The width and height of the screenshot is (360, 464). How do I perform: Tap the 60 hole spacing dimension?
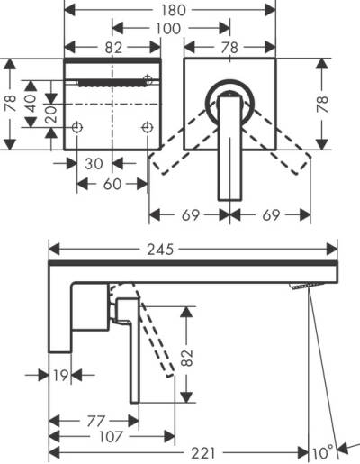112,184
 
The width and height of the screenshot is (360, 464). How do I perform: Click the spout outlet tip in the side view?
303,286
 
